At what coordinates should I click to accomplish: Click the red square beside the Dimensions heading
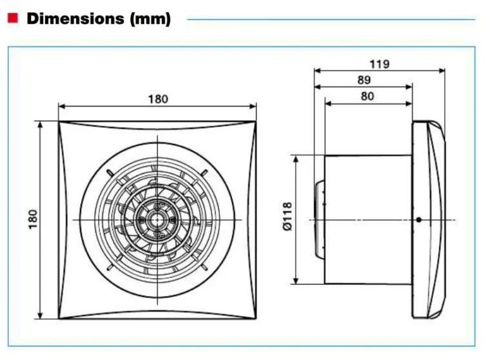[x=13, y=18]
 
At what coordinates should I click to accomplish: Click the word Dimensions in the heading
[x=75, y=18]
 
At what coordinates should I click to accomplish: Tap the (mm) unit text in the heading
[x=150, y=19]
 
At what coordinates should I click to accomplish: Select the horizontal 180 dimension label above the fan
[x=158, y=99]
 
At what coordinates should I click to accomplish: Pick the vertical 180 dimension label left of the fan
[x=33, y=219]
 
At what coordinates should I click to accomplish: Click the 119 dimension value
[x=380, y=65]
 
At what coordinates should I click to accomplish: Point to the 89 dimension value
[x=364, y=80]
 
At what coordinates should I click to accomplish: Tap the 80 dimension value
[x=367, y=96]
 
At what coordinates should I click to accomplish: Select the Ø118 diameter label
[x=287, y=217]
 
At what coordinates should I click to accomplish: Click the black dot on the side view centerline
[x=419, y=219]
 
